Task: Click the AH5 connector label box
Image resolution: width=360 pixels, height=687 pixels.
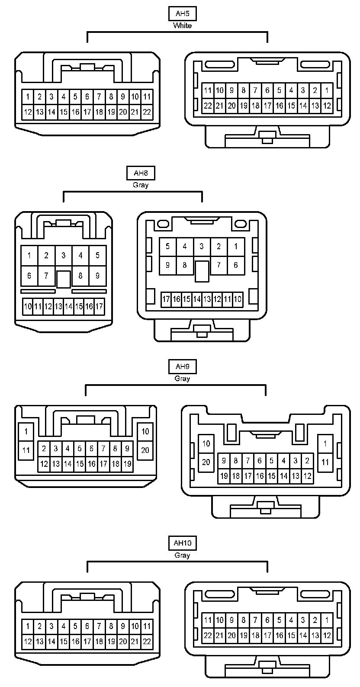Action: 182,13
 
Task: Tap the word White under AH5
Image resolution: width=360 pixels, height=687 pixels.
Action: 182,26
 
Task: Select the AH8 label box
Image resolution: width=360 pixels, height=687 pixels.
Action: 141,173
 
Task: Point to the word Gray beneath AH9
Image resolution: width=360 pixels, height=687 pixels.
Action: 182,379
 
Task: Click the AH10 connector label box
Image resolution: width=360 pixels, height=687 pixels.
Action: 182,543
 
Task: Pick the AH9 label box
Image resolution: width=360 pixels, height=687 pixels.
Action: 182,367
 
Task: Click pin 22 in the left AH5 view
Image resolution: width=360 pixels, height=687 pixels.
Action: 147,112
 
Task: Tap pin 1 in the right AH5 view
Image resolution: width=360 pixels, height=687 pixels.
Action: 327,90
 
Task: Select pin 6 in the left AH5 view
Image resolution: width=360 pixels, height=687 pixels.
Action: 87,96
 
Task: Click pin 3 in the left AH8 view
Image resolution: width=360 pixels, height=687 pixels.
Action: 63,255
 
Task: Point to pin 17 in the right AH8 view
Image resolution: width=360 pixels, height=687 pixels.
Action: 166,299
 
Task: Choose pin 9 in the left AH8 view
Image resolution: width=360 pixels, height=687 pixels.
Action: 97,275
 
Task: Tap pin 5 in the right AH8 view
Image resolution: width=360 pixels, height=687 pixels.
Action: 167,247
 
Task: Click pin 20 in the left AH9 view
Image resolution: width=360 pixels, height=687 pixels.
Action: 145,450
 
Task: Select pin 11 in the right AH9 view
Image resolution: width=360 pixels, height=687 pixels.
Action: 325,462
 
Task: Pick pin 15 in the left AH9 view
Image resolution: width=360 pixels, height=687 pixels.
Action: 80,464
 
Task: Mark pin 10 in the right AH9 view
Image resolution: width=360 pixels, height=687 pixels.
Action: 206,443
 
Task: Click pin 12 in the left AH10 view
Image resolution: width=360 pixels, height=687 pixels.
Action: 28,642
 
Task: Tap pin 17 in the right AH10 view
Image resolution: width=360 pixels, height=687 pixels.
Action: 267,636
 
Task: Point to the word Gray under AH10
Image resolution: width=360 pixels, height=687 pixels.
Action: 182,555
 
